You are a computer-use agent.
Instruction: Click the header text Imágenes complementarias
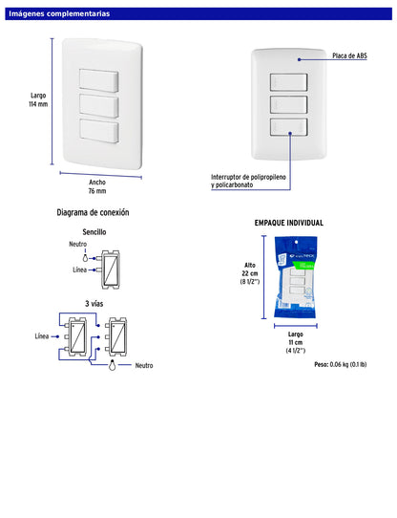point(59,14)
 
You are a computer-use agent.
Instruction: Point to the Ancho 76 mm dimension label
point(97,187)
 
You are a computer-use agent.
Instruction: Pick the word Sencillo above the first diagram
point(94,232)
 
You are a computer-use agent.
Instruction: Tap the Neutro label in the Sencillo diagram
point(77,245)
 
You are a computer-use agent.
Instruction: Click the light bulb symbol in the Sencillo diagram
point(84,257)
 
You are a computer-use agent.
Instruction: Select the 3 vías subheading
point(94,303)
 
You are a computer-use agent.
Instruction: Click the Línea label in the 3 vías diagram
point(42,336)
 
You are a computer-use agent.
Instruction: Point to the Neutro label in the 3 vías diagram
point(143,366)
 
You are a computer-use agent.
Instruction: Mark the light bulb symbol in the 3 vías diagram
point(112,364)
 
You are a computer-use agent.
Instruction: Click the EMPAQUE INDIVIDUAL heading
point(288,223)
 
